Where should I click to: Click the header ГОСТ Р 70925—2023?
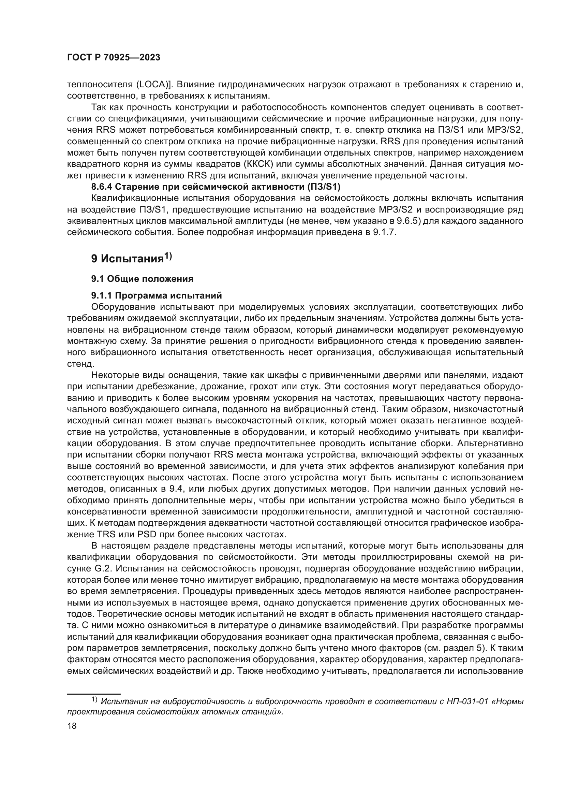[114, 58]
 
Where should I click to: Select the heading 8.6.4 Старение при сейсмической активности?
[216, 187]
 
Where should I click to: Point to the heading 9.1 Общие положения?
[142, 279]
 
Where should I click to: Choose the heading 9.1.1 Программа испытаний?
[156, 296]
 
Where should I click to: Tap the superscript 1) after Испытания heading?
[168, 256]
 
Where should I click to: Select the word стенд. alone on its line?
[80, 364]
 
